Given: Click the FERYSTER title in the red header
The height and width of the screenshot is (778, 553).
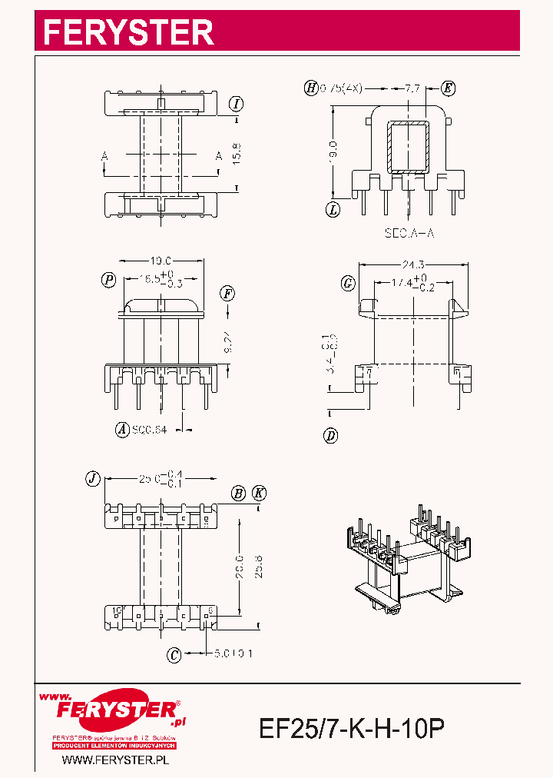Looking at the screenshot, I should [128, 32].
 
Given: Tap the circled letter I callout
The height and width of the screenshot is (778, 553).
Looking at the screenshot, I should [237, 104].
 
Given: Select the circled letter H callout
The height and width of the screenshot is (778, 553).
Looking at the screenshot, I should [311, 88].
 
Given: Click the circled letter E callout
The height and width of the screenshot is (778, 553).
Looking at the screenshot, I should [448, 88].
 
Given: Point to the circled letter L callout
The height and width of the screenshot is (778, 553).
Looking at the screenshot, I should [333, 208].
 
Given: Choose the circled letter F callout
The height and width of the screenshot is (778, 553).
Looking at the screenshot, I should [227, 293].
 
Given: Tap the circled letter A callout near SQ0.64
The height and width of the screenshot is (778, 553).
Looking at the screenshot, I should [121, 430].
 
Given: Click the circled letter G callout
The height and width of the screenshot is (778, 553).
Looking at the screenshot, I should [348, 284].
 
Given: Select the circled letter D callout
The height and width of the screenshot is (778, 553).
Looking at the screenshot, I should [331, 436].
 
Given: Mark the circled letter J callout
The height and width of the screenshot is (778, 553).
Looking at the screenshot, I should [92, 478].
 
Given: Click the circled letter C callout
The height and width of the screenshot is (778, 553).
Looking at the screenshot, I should [174, 655].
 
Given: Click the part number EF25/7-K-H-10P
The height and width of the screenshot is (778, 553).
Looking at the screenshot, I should [353, 729].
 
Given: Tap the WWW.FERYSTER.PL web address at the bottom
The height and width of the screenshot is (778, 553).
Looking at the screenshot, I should [115, 760].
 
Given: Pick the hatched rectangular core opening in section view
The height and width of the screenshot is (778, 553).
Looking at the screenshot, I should [407, 147].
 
